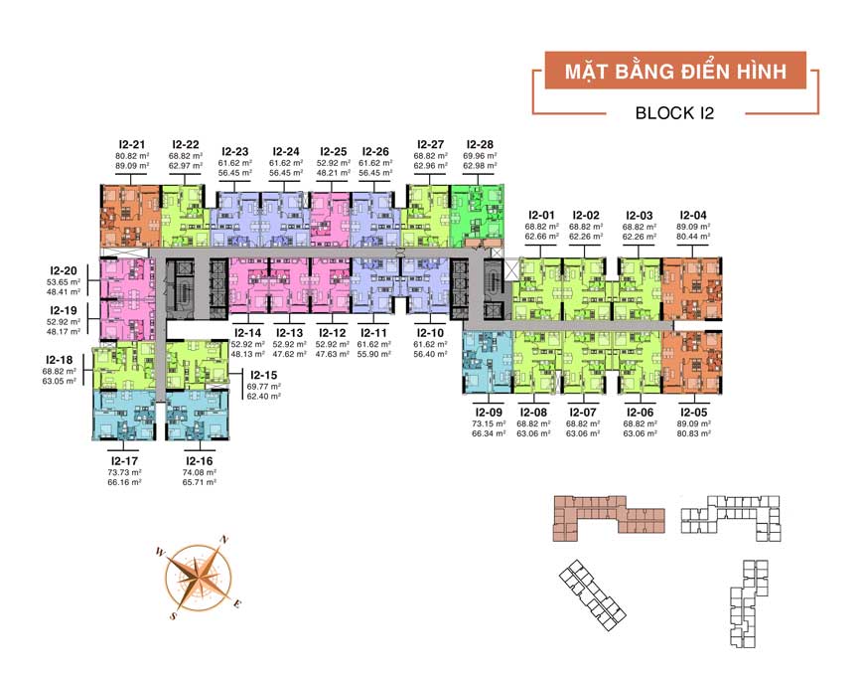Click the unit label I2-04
(x=692, y=215)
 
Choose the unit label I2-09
(x=490, y=412)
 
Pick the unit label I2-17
(x=124, y=460)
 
